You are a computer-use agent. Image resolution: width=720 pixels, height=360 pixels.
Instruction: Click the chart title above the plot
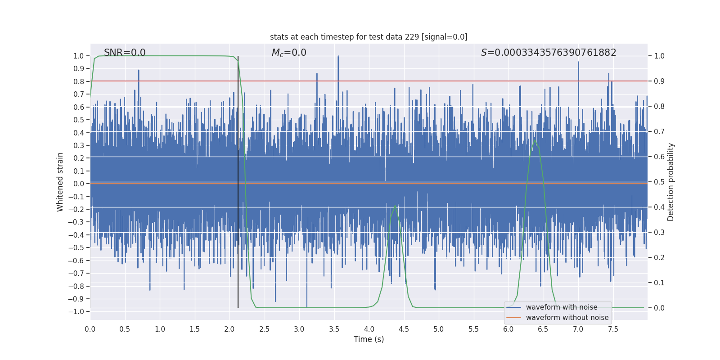[369, 37]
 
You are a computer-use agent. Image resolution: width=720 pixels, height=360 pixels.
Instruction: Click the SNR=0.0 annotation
[125, 53]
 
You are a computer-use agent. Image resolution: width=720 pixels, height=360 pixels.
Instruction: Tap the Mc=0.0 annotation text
[289, 53]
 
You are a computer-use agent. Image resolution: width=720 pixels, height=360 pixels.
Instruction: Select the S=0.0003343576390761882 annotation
[549, 53]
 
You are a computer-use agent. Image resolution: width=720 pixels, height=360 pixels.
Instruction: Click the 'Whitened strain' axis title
[60, 182]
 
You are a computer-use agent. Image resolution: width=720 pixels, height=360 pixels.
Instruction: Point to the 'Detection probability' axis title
[671, 182]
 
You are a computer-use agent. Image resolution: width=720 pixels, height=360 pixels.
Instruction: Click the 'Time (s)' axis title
[369, 339]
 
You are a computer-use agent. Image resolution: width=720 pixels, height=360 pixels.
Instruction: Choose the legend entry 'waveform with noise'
[562, 307]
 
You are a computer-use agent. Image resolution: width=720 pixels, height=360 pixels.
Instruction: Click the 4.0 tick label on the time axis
[369, 329]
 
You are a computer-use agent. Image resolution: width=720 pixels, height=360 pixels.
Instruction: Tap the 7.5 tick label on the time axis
[613, 329]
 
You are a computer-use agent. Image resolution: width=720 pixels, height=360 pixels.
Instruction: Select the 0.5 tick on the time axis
[125, 329]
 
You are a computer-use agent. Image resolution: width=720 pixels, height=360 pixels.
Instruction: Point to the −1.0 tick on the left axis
[78, 311]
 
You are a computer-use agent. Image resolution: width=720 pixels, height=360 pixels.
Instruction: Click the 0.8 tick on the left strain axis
[79, 81]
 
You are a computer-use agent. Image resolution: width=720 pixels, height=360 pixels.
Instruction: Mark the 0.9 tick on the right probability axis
[659, 81]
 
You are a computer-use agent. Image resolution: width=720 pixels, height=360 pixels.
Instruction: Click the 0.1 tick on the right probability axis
[659, 283]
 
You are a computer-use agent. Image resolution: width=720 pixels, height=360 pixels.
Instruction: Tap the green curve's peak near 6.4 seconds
[535, 140]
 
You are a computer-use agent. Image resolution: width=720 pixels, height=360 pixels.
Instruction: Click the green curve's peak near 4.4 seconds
[395, 206]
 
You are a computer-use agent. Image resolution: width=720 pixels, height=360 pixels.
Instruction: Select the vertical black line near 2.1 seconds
[238, 180]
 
